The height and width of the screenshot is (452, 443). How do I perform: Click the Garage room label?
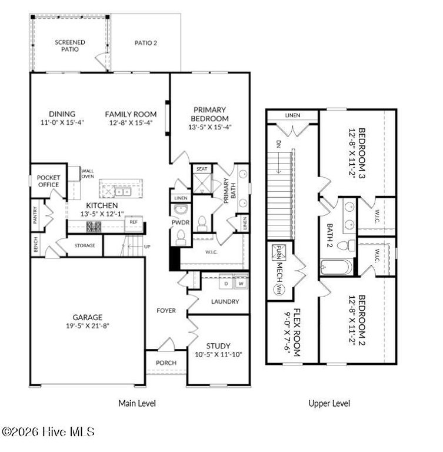tap(87, 317)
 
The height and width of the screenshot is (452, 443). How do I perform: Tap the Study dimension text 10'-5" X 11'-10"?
tap(218, 354)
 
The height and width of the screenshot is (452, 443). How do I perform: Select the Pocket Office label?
tap(48, 181)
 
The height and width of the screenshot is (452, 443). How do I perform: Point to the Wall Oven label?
tap(88, 174)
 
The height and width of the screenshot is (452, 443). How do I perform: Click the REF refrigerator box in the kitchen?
tap(134, 224)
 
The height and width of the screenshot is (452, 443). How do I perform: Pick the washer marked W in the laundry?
tap(241, 283)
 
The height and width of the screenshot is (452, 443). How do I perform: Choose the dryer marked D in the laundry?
tap(226, 283)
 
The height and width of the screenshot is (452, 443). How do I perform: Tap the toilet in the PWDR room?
tap(181, 237)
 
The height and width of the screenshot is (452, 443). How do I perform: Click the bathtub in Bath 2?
tap(337, 267)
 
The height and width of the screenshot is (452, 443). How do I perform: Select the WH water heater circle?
tap(279, 289)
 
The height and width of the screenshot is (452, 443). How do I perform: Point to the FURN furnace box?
tap(279, 252)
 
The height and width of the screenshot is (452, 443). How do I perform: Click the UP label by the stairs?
tap(147, 247)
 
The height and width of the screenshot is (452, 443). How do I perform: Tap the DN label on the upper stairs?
tap(278, 144)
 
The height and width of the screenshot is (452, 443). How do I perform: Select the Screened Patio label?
tap(70, 46)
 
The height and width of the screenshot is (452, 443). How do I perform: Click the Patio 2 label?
tap(146, 43)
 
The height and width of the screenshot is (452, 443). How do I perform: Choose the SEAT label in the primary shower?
tap(202, 169)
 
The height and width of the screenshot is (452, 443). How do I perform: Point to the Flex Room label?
tap(297, 333)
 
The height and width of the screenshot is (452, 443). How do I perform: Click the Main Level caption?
tap(137, 403)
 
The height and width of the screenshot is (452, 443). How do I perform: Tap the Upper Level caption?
tap(329, 403)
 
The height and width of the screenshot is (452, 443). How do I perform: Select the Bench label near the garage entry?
tap(36, 244)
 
